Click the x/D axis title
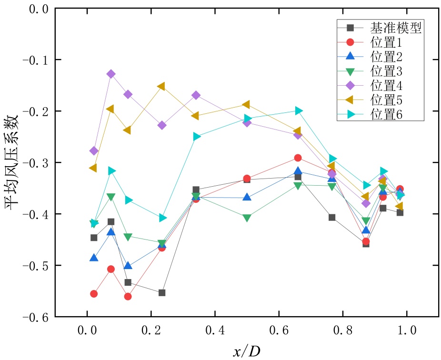(x=247, y=351)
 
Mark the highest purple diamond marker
(x=111, y=74)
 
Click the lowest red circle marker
(x=128, y=297)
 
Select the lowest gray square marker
(x=162, y=292)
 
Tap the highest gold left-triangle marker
(x=161, y=87)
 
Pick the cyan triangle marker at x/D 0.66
(x=298, y=111)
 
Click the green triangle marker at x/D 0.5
(x=247, y=218)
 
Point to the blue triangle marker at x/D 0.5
(x=247, y=197)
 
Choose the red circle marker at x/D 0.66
(x=298, y=158)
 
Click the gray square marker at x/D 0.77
(x=332, y=218)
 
